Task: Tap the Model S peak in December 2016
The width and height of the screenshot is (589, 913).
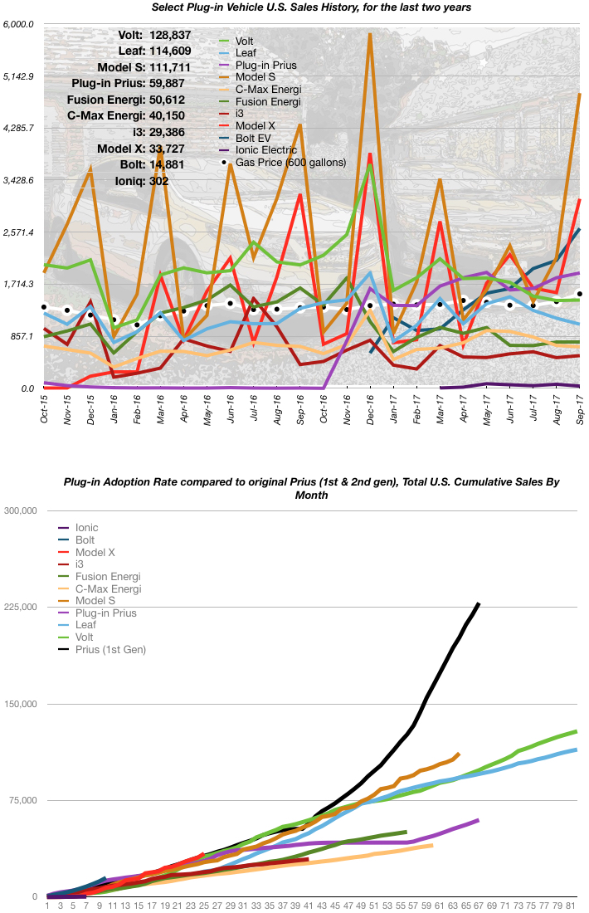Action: click(x=370, y=36)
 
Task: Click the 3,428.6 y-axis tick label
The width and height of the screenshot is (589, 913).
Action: click(x=18, y=180)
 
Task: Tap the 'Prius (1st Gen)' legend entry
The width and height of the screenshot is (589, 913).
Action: click(x=110, y=649)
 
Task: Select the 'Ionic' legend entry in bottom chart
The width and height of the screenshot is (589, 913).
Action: click(x=86, y=527)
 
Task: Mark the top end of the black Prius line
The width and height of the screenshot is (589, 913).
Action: click(x=479, y=603)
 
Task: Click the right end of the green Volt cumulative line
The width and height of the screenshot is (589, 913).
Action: click(x=576, y=731)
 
